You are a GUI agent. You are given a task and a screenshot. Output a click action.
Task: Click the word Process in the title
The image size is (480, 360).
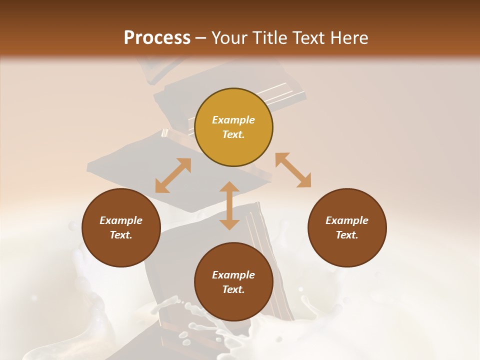[157, 38]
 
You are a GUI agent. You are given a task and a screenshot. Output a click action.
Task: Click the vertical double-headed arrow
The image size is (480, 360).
[229, 205]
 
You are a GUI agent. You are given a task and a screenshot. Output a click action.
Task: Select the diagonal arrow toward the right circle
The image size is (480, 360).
[293, 170]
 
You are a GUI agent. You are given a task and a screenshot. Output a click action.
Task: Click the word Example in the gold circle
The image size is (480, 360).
[233, 120]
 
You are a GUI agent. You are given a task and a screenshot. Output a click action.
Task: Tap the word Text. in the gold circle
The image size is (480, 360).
[233, 134]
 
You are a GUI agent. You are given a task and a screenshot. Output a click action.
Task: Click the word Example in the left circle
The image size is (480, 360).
[121, 220]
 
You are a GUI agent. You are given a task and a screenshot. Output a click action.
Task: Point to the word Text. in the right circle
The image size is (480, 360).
[347, 235]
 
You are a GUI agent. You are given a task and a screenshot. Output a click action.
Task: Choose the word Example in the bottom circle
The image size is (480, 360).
[233, 275]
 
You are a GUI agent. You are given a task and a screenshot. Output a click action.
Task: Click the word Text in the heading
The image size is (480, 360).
[309, 38]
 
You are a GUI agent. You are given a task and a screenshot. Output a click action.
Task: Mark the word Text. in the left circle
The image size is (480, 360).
[121, 235]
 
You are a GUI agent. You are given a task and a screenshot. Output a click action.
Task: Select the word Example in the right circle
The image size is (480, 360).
[347, 220]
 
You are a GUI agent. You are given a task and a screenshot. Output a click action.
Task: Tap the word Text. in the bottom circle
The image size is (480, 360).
[233, 289]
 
